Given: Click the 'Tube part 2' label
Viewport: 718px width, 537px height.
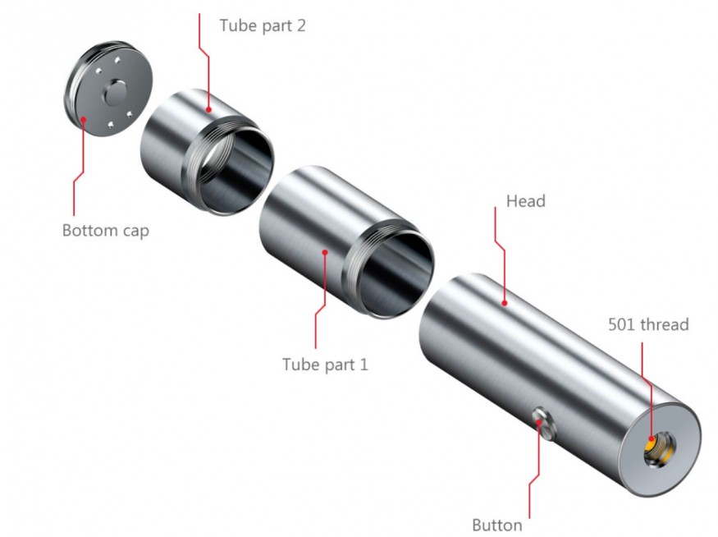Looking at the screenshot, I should pos(263,25).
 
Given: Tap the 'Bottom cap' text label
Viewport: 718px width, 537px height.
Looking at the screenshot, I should pos(106,230).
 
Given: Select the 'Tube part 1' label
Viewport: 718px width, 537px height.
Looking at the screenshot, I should pos(325,364).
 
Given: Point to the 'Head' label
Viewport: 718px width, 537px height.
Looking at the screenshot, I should pos(525,201).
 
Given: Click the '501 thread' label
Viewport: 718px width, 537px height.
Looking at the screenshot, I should pos(648,324).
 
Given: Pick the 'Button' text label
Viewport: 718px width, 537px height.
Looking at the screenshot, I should pos(496,525).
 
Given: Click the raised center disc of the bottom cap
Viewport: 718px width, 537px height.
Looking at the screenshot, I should pos(117,94).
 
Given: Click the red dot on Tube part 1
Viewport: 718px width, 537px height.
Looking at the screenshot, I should pos(326,252).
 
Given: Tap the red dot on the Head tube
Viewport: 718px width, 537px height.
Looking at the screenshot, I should pos(506,303).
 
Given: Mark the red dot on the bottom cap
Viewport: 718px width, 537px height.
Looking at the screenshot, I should pos(85,118).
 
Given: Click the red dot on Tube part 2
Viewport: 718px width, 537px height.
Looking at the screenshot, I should pos(208,108).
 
